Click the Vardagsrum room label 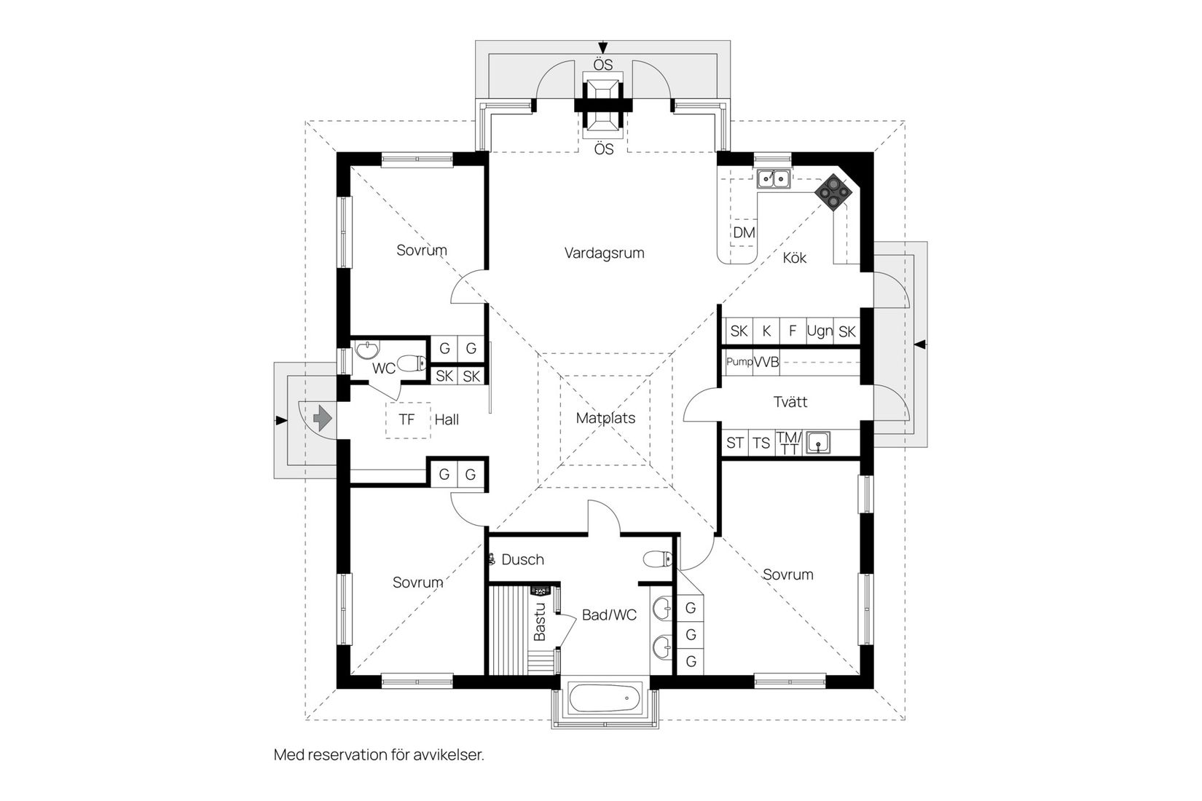click(604, 253)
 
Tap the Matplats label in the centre click(605, 418)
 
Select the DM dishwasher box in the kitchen click(744, 233)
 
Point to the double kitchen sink click(773, 178)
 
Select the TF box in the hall click(406, 419)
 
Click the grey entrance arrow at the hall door click(322, 419)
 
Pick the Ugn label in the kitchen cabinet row click(820, 331)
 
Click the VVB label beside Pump click(766, 362)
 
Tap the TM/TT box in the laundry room click(788, 443)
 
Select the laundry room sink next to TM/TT click(820, 442)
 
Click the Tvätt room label click(790, 402)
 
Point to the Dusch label click(522, 559)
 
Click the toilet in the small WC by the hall click(413, 362)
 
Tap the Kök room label click(794, 258)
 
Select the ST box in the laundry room click(735, 443)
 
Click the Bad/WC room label click(609, 615)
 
